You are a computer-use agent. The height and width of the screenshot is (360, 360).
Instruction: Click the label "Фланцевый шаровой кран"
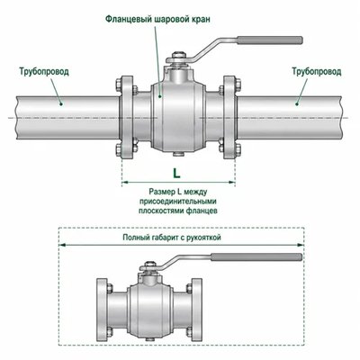[157, 19]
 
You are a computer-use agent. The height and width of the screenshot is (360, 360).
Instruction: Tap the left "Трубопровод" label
[44, 72]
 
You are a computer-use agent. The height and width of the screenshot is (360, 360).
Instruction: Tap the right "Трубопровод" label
[317, 72]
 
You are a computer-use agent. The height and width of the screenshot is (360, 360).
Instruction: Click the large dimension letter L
[176, 173]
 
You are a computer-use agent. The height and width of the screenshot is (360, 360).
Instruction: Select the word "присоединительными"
[178, 201]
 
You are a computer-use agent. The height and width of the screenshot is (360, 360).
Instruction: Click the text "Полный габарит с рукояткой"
[172, 238]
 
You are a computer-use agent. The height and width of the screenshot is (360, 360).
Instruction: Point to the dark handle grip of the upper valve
[270, 40]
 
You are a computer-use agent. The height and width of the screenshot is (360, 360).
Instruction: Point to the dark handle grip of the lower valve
[256, 257]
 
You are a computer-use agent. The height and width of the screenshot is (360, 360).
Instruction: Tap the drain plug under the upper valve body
[178, 155]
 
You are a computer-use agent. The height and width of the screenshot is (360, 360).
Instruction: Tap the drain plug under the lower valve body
[149, 339]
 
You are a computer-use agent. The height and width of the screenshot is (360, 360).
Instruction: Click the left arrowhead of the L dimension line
[124, 182]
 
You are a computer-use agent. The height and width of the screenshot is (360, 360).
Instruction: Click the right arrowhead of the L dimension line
[232, 182]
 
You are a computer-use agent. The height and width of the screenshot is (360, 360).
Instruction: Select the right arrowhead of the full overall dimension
[301, 245]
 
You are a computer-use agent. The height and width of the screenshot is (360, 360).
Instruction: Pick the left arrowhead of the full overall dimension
[62, 245]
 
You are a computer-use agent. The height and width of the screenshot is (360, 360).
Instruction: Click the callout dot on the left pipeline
[61, 104]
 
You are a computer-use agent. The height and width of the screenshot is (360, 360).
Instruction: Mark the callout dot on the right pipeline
[297, 104]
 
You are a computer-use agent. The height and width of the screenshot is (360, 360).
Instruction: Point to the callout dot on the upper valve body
[160, 96]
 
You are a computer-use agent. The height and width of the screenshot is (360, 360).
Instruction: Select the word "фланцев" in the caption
[202, 211]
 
